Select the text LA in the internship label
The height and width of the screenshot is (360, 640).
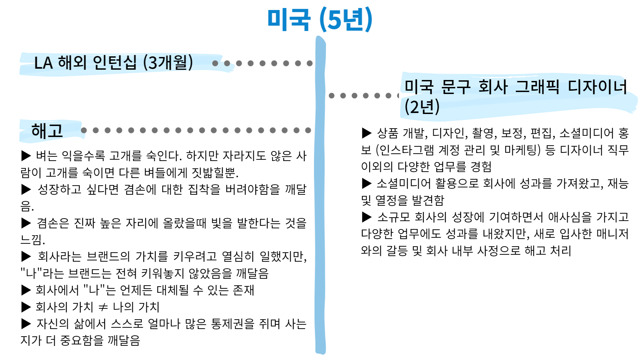pos(43,63)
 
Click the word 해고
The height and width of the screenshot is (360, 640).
pos(47,131)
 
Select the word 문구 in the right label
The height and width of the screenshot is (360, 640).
pos(456,87)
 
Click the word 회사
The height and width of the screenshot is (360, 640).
pos(493,87)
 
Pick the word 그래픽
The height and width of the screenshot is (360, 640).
pos(537,87)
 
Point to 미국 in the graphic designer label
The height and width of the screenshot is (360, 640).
pos(419,87)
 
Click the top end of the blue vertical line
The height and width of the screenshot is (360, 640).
pos(320,39)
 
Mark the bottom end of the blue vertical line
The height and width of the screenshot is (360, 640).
pos(320,351)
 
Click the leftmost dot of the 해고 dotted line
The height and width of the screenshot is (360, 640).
pos(84,130)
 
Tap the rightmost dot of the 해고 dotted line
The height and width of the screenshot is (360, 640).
pos(308,130)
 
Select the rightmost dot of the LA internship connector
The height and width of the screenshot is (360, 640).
pos(310,63)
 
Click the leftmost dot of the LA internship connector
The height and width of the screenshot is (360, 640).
pos(215,63)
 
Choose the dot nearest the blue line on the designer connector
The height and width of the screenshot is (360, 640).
pos(331,96)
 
